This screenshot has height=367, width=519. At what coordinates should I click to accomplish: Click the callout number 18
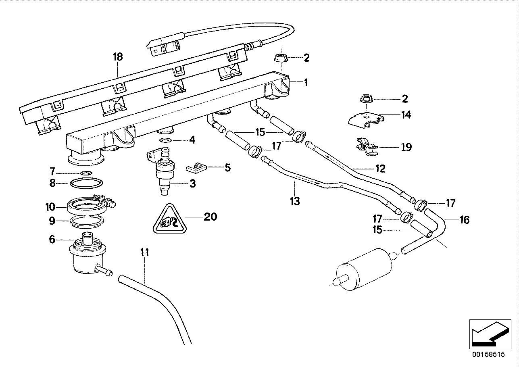coord(118,57)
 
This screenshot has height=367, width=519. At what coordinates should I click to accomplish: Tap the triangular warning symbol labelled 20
coord(170,219)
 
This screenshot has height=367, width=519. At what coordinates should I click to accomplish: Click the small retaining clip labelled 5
coord(196,168)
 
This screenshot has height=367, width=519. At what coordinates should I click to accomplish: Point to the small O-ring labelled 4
coord(165,140)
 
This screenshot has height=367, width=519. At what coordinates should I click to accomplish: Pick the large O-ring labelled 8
coord(86,183)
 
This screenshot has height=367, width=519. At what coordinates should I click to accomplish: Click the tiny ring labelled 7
coord(86,173)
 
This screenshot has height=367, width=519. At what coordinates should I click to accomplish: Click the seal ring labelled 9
coord(87,222)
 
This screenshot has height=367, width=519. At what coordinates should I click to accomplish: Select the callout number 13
coord(295,201)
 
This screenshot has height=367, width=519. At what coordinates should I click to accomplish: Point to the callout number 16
coord(465,220)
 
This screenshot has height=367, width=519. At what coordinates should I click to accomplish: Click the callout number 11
coord(145,252)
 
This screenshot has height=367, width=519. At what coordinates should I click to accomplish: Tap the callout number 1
coord(306,83)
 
